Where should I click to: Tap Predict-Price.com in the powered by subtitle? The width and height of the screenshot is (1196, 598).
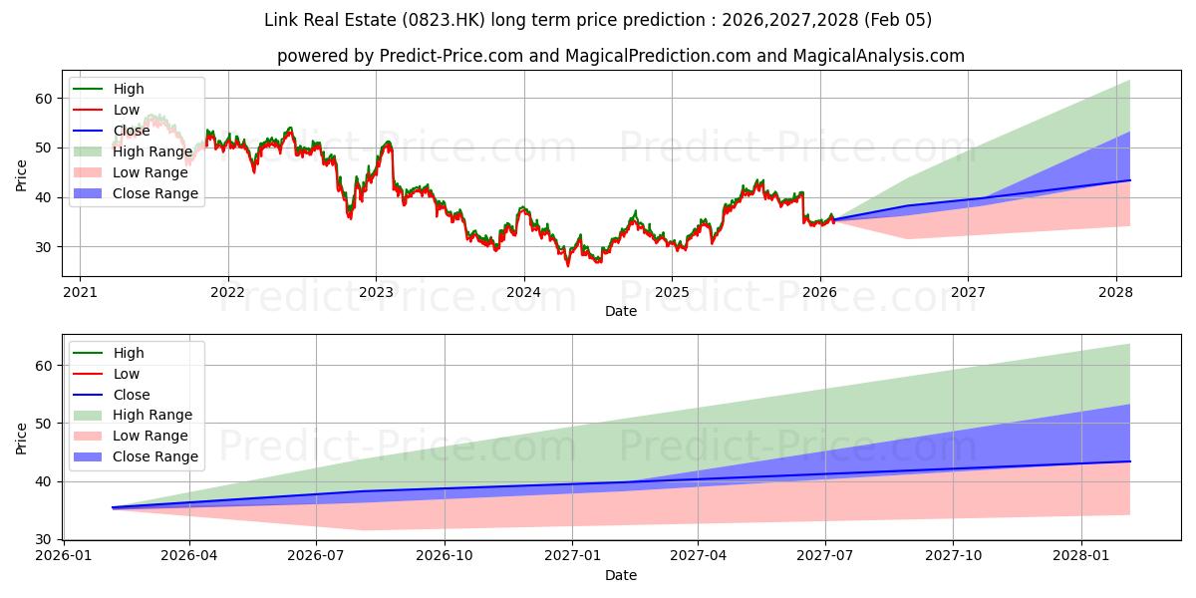[x=451, y=56]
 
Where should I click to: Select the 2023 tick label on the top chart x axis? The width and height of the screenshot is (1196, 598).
[x=376, y=292]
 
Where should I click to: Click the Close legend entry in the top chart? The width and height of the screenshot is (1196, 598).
[x=133, y=131]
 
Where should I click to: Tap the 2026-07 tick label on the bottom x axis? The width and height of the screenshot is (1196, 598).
[x=316, y=556]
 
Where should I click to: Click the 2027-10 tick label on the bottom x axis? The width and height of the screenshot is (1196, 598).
[x=953, y=556]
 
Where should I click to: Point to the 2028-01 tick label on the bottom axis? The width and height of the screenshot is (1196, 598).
[x=1080, y=556]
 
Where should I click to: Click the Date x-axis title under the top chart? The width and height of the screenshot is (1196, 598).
[x=620, y=311]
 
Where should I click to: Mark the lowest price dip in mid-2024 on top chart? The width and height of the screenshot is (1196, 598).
[x=568, y=265]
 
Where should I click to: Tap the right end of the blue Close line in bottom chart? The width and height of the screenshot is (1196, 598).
[x=1129, y=461]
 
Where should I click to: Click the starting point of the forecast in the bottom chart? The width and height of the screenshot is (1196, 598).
[x=113, y=507]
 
